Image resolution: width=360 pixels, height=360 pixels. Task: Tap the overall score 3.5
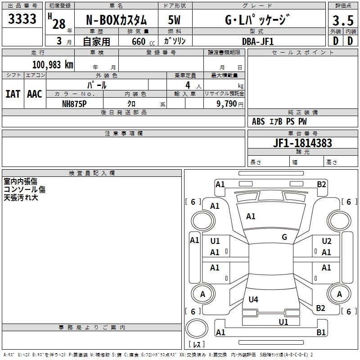[x=342, y=21]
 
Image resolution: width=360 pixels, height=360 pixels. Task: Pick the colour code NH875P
[x=74, y=103]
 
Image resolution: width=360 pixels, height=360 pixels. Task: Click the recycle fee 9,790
[x=226, y=103]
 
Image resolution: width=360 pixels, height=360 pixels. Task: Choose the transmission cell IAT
[x=13, y=94]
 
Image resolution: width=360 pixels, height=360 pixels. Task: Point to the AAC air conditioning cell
[x=35, y=94]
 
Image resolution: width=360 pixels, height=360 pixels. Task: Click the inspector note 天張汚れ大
[x=22, y=197]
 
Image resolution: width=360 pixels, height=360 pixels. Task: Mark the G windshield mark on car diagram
[x=284, y=237]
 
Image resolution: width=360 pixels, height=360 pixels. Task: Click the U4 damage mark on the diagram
[x=253, y=299]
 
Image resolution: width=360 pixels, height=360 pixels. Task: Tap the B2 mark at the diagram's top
[x=321, y=184]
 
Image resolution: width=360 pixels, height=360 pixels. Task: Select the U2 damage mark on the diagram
[x=327, y=241]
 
